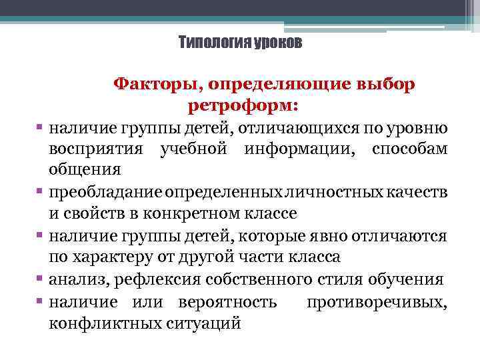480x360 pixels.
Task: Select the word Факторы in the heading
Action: pyautogui.click(x=157, y=85)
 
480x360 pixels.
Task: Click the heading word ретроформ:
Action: pyautogui.click(x=243, y=105)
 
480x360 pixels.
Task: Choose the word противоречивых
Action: pyautogui.click(x=377, y=303)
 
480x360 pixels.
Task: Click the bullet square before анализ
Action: pyautogui.click(x=41, y=279)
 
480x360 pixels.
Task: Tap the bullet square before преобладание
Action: pyautogui.click(x=41, y=193)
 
